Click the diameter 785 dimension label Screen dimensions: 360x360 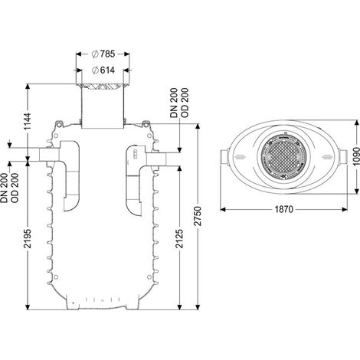pyautogui.click(x=103, y=54)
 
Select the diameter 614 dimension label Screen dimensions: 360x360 pyautogui.click(x=103, y=70)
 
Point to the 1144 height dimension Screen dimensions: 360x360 pyautogui.click(x=28, y=121)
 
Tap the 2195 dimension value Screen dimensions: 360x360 pyautogui.click(x=28, y=238)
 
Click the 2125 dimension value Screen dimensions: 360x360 pyautogui.click(x=180, y=238)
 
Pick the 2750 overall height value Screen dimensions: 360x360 pyautogui.click(x=198, y=216)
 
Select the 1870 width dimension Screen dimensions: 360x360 pyautogui.click(x=284, y=210)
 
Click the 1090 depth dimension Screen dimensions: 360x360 pyautogui.click(x=356, y=156)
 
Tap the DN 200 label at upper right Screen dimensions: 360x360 pyautogui.click(x=174, y=103)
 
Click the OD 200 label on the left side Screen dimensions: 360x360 pyautogui.click(x=15, y=188)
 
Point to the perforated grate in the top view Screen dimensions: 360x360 pyautogui.click(x=284, y=156)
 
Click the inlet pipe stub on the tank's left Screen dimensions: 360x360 pyautogui.click(x=49, y=154)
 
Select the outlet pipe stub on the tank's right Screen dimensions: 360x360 pyautogui.click(x=156, y=159)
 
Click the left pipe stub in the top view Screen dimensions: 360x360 pyautogui.click(x=224, y=157)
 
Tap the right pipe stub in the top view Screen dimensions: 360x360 pyautogui.click(x=343, y=157)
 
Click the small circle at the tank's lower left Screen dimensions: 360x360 pyautogui.click(x=57, y=277)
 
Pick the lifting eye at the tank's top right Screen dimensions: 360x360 pyautogui.click(x=146, y=124)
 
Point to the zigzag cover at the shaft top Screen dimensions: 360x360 pyautogui.click(x=103, y=87)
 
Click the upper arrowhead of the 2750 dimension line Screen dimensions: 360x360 pyautogui.click(x=198, y=127)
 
